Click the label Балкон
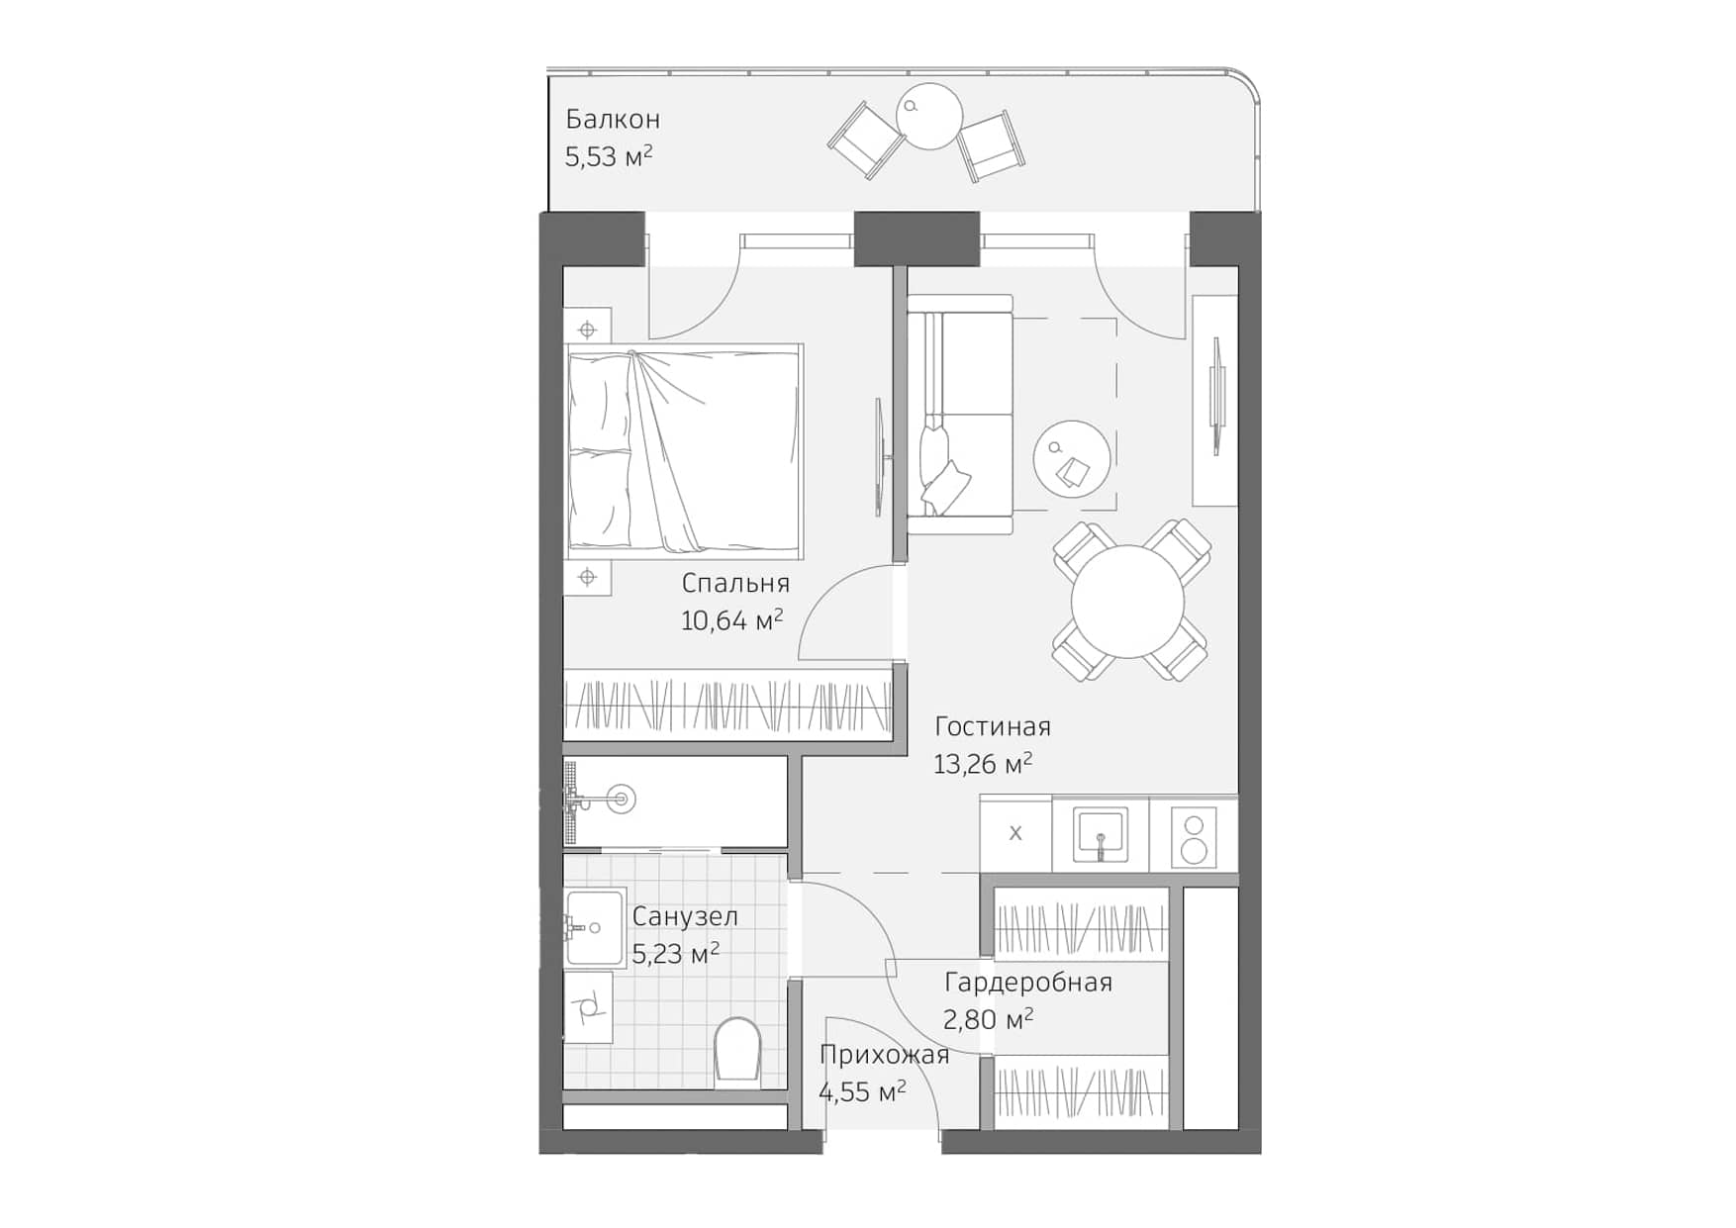coord(613,120)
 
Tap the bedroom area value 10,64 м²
coord(731,620)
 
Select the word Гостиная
coord(992,726)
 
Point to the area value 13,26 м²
coord(982,764)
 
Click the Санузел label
coord(685,916)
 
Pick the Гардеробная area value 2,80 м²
coord(988,1018)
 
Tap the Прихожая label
coord(884,1055)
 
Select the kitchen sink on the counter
coord(1100,835)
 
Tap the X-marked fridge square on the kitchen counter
coord(1015,833)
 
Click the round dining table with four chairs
coord(1127,601)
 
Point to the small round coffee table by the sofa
coord(1072,459)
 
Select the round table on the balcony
coord(929,116)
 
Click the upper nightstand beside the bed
coord(587,329)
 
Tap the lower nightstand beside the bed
coord(587,577)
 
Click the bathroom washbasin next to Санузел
coord(595,927)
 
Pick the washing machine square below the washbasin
coord(588,1007)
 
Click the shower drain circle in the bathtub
coord(622,799)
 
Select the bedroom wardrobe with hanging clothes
coord(726,706)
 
